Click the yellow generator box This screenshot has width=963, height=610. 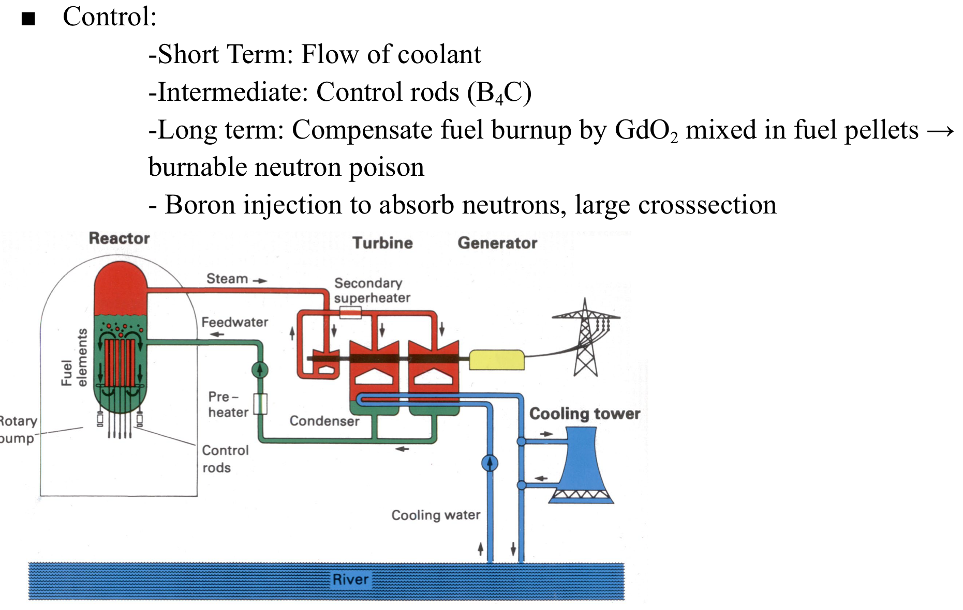(496, 360)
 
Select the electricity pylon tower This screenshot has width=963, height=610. (586, 339)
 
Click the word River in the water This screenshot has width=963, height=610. (350, 579)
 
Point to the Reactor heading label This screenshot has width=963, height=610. (119, 238)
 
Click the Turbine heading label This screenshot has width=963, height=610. (382, 243)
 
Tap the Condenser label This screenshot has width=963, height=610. (324, 421)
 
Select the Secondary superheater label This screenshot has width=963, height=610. (372, 291)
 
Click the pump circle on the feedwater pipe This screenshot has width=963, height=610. (260, 370)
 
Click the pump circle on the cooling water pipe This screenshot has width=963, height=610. (490, 463)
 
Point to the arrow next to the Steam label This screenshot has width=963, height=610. (260, 280)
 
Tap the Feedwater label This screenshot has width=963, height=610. (234, 322)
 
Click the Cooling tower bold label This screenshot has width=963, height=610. (584, 414)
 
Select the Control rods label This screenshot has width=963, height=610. (225, 459)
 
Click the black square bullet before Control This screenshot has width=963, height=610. (28, 19)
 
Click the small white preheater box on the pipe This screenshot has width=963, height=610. (260, 404)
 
